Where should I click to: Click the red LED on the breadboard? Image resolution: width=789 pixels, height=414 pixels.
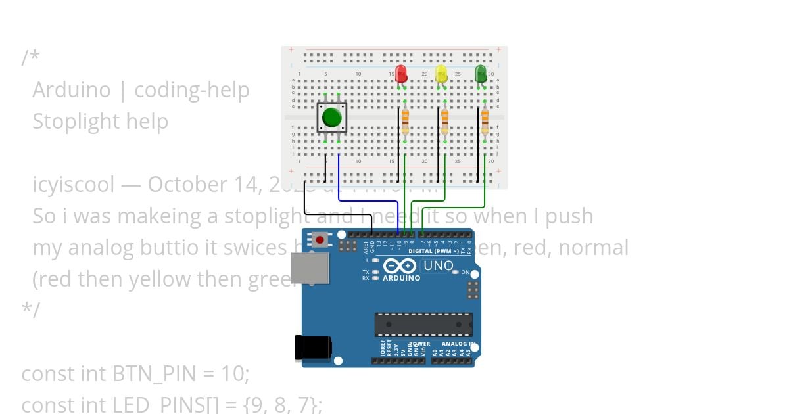(401, 74)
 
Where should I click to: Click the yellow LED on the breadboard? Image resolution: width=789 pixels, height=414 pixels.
(441, 74)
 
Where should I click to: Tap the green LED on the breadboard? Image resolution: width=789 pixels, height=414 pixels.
(481, 74)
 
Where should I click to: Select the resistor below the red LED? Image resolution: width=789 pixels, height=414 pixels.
(405, 121)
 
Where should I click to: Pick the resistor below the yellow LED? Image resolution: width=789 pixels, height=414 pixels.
(445, 121)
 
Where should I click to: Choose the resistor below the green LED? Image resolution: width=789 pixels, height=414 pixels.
(485, 121)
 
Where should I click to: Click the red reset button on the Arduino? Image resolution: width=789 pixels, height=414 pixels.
(320, 241)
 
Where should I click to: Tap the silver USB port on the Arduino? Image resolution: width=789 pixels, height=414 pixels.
(310, 268)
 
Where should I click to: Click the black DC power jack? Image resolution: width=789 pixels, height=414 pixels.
(312, 347)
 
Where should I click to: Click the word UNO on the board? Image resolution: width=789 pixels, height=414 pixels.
(438, 266)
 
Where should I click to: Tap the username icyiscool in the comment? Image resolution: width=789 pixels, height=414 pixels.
(73, 185)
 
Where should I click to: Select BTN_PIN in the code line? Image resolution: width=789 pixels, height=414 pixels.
(155, 374)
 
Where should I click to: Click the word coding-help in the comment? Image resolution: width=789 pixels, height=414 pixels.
(191, 90)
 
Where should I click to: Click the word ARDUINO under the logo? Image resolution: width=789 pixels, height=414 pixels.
(400, 278)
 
